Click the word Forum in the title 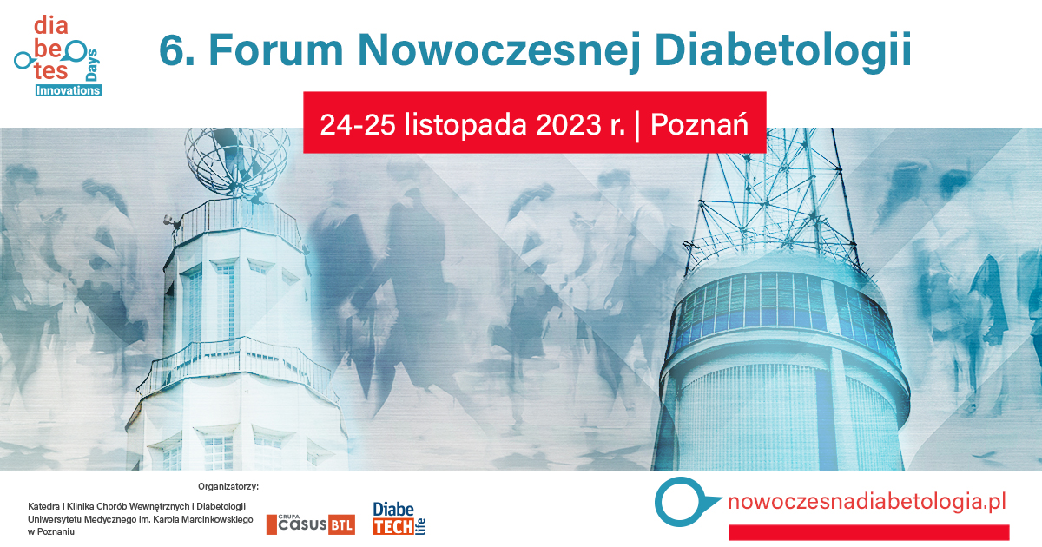click(276, 50)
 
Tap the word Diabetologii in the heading click(783, 52)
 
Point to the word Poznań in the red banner click(699, 124)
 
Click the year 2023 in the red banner click(569, 125)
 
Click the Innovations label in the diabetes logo click(69, 90)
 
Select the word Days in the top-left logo click(92, 65)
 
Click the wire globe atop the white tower click(237, 160)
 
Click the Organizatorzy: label click(228, 486)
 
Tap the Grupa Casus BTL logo click(311, 524)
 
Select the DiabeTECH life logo click(399, 518)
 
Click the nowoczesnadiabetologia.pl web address click(867, 502)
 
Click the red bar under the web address click(869, 532)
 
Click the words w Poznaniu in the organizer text click(51, 531)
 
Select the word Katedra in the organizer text click(43, 506)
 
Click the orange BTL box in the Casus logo click(342, 525)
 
